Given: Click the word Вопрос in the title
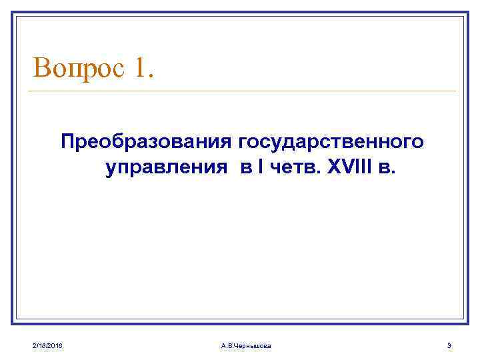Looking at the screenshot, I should pyautogui.click(x=79, y=68).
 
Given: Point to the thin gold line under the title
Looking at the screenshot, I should pyautogui.click(x=244, y=91).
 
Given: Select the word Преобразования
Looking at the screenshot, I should pyautogui.click(x=146, y=142).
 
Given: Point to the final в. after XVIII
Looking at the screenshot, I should pyautogui.click(x=387, y=169).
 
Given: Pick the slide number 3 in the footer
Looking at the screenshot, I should pyautogui.click(x=449, y=345).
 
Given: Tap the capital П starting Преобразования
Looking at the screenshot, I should pyautogui.click(x=67, y=142).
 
